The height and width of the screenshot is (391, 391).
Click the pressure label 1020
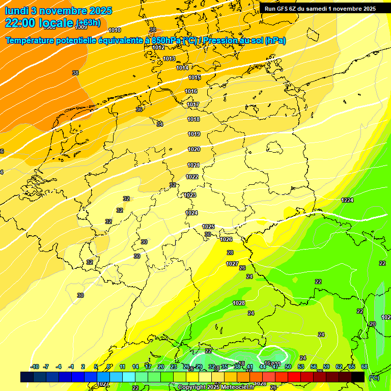(194, 149)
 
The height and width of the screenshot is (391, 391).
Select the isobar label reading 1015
(194, 77)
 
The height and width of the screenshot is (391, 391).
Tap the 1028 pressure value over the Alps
(238, 303)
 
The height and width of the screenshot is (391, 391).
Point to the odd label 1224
(347, 200)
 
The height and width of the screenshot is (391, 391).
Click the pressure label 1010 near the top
(115, 30)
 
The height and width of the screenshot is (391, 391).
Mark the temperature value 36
(138, 109)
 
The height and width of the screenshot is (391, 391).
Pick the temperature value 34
(159, 124)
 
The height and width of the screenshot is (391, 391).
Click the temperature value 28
(230, 253)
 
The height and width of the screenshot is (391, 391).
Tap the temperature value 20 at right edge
(372, 324)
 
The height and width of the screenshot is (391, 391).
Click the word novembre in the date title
(65, 11)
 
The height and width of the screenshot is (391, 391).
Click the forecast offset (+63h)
(88, 23)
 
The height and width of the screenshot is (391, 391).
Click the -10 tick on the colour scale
(35, 367)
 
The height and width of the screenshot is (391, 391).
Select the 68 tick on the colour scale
(365, 367)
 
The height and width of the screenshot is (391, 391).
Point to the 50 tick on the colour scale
(288, 367)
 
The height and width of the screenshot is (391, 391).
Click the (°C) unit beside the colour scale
(374, 377)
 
